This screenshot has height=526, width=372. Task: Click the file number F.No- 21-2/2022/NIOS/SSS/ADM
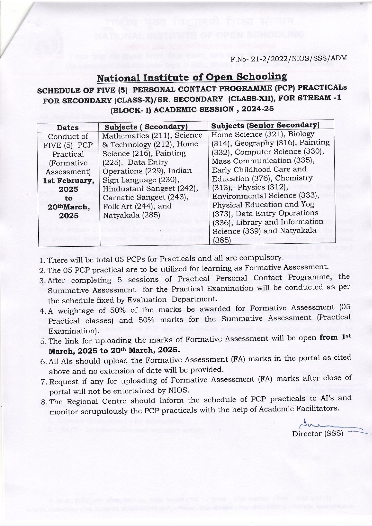pyautogui.click(x=288, y=58)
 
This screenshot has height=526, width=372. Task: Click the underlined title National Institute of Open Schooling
pyautogui.click(x=192, y=78)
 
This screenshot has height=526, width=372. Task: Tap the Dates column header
pyautogui.click(x=68, y=127)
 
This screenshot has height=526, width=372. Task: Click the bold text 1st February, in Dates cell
pyautogui.click(x=69, y=181)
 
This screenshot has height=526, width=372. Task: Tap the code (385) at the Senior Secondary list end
pyautogui.click(x=221, y=240)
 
